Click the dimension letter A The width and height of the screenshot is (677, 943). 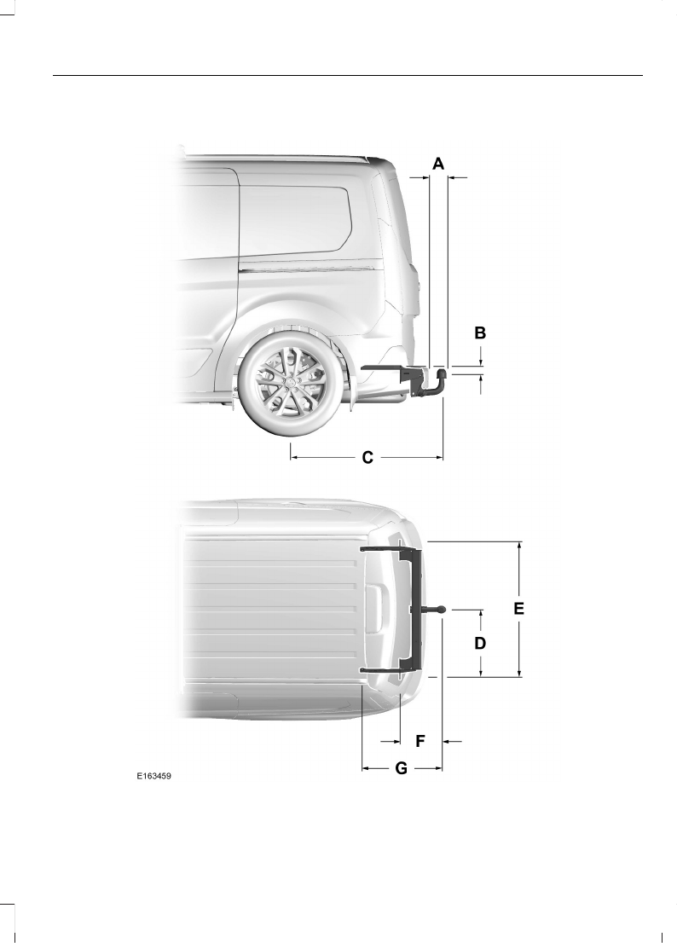click(438, 163)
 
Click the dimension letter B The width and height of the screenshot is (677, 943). click(480, 333)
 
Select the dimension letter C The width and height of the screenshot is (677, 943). click(367, 458)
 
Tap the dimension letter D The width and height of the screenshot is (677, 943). click(480, 644)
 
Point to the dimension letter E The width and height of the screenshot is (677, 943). click(519, 609)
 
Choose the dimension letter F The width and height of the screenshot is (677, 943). click(420, 742)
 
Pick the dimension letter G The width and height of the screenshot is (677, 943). click(401, 768)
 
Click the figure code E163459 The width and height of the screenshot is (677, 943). click(153, 777)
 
